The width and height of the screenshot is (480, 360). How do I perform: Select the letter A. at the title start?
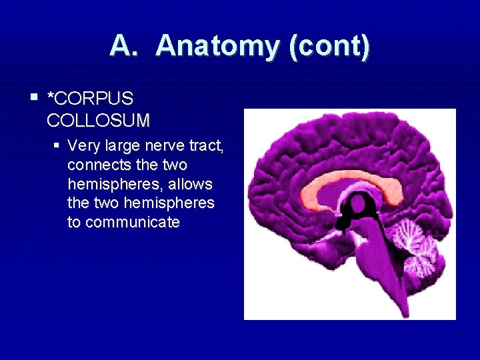click(126, 47)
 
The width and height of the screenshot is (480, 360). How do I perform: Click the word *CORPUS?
click(91, 99)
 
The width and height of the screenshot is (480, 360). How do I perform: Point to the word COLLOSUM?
click(99, 121)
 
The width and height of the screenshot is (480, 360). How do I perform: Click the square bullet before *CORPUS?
click(34, 97)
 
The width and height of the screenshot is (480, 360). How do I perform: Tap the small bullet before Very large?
click(58, 144)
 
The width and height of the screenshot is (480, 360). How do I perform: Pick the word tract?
click(207, 145)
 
